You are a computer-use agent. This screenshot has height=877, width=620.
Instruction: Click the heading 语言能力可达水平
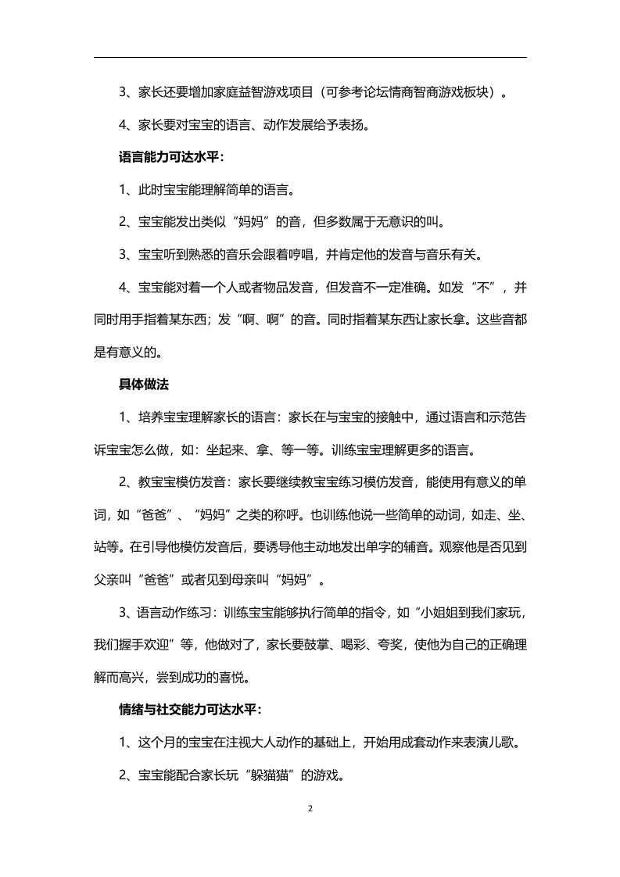[x=170, y=156]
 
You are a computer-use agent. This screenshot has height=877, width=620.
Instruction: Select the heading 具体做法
[x=144, y=384]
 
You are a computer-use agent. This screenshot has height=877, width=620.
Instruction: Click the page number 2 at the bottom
[x=310, y=808]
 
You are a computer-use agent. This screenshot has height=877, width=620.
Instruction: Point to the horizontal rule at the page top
[x=310, y=57]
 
